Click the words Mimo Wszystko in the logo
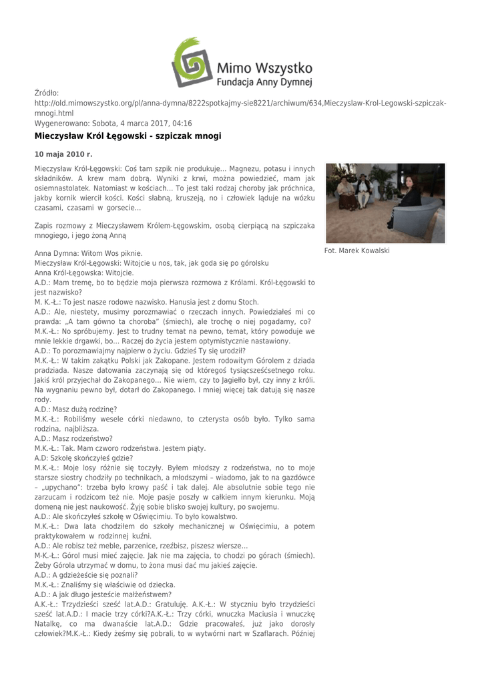coord(264,67)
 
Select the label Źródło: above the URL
coord(47,93)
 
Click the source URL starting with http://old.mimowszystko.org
coord(240,104)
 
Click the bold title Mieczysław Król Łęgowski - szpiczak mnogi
coord(128,136)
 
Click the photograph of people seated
coord(375,203)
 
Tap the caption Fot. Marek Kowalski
coord(356,250)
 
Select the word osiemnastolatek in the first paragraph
coord(61,189)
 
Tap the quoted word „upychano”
coord(63,487)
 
